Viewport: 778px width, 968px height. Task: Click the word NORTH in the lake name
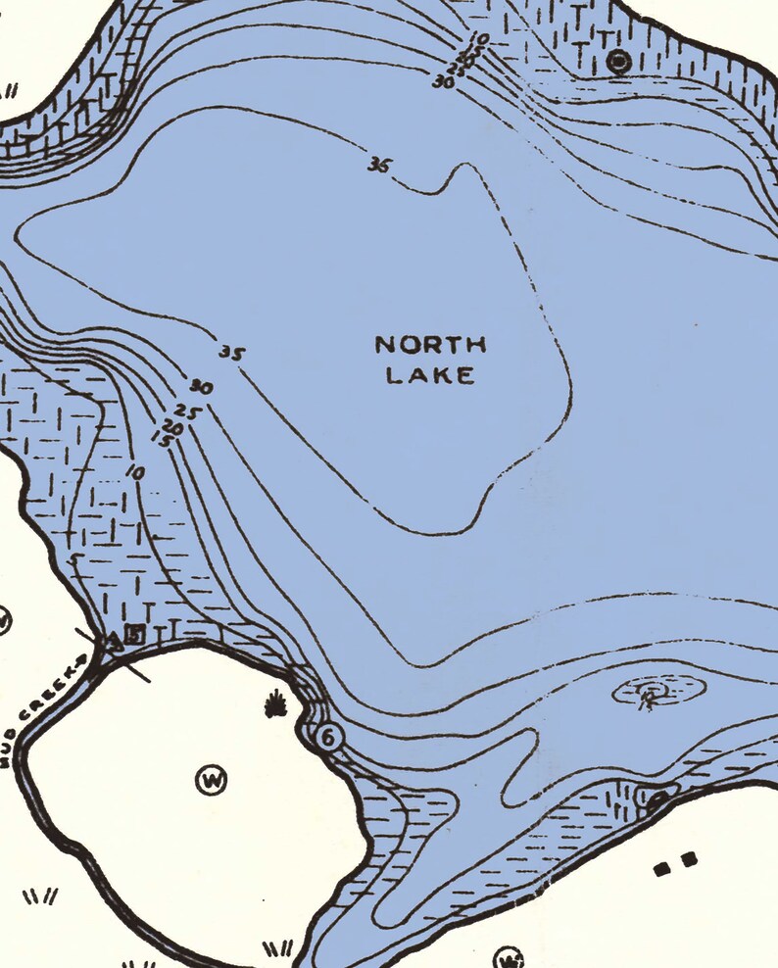[x=431, y=345]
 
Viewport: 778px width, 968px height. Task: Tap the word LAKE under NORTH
[x=431, y=375]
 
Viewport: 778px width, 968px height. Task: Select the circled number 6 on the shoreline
[x=327, y=737]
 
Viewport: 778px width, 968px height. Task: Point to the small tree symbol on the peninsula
[x=275, y=702]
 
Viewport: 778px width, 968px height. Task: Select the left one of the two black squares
[x=661, y=867]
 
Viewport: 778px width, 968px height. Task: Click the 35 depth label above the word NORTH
[x=379, y=166]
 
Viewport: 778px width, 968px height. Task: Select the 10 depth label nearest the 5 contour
[x=135, y=473]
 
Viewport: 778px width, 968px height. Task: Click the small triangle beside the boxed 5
[x=115, y=640]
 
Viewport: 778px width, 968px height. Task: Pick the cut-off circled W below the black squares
[x=507, y=957]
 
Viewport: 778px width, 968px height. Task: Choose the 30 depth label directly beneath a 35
[x=202, y=388]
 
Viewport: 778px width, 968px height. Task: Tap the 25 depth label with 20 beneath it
[x=186, y=412]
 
